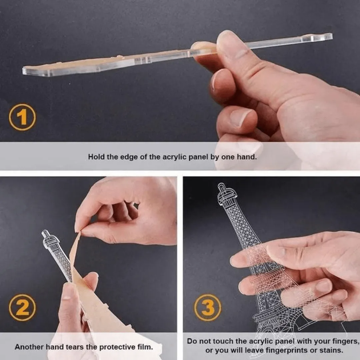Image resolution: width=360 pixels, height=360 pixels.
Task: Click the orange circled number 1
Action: pos(22,117)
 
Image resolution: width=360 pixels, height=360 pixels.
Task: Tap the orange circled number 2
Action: pos(22,308)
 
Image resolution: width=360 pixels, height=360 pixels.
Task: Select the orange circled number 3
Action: pos(208,308)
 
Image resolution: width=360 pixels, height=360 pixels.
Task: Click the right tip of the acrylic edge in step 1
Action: pos(332,37)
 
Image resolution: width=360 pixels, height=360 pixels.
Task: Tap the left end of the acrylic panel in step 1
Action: pos(23,71)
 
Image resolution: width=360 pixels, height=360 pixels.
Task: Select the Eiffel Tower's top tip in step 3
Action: pos(221,184)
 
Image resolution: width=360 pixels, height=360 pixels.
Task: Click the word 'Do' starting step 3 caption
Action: pos(191,341)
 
